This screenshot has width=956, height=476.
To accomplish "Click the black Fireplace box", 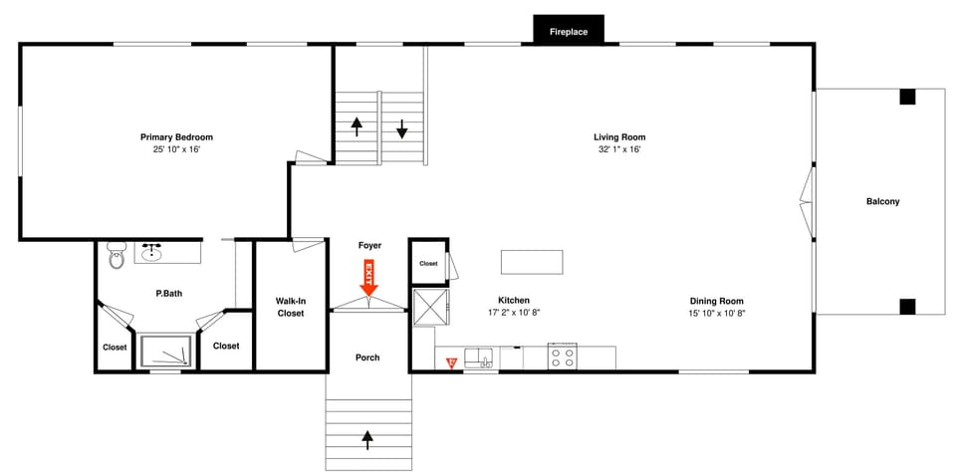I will (x=569, y=31).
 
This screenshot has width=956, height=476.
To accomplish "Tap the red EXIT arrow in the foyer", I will (x=368, y=276).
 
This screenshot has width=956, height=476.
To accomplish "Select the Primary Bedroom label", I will (x=176, y=137).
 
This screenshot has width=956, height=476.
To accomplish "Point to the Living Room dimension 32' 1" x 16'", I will (x=619, y=149).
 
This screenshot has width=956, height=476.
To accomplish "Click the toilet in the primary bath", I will (x=116, y=258).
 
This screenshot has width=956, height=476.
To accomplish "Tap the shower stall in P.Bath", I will (x=163, y=352).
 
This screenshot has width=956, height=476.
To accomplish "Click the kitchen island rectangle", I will (x=531, y=261).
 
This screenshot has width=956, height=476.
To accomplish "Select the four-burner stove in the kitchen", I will (x=563, y=357).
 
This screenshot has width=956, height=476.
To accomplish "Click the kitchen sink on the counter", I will (x=479, y=357).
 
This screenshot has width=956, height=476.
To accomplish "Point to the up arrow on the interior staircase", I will (x=356, y=126).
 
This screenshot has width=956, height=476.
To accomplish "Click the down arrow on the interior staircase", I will (x=402, y=128).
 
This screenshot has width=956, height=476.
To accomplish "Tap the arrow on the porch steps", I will (x=367, y=436).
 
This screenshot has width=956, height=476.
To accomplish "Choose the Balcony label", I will (x=882, y=202).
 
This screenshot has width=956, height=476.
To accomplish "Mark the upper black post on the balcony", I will (x=907, y=97).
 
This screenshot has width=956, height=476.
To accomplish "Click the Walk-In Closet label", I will (x=290, y=307).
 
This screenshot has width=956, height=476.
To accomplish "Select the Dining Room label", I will (x=716, y=301).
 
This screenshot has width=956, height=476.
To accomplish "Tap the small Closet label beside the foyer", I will (x=428, y=264).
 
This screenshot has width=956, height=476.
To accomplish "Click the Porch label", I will (x=367, y=357).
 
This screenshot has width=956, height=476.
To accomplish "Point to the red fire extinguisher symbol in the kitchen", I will (x=450, y=362).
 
